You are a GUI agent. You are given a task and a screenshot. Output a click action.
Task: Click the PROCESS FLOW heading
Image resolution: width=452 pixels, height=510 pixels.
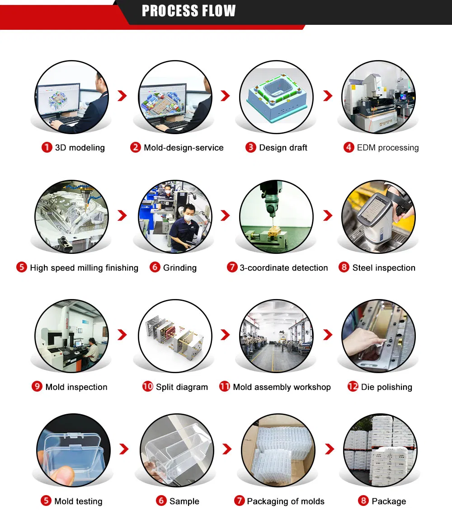pyautogui.click(x=189, y=11)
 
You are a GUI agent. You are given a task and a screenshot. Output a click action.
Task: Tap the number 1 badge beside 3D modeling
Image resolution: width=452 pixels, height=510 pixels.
pyautogui.click(x=47, y=147)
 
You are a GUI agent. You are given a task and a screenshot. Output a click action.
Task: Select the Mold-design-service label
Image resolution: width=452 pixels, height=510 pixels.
pyautogui.click(x=184, y=148)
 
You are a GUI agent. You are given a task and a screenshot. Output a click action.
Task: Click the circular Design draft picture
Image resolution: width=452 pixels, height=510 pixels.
pyautogui.click(x=276, y=97)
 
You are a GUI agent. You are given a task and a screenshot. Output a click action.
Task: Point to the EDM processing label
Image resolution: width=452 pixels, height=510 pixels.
pyautogui.click(x=387, y=148)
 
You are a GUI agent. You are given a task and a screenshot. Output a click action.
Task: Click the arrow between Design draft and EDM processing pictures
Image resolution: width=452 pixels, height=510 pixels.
pyautogui.click(x=328, y=96)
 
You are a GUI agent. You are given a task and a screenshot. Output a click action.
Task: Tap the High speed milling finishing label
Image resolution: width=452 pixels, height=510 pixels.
pyautogui.click(x=84, y=268)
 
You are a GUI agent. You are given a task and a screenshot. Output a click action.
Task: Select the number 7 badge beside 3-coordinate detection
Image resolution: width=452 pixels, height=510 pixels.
pyautogui.click(x=232, y=267)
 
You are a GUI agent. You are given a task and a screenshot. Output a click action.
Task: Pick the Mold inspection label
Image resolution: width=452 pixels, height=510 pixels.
pyautogui.click(x=76, y=387)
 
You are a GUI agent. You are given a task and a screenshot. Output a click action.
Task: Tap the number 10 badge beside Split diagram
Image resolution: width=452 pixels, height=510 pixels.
pyautogui.click(x=147, y=386)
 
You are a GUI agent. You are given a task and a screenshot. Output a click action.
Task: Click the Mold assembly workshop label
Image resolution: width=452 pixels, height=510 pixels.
pyautogui.click(x=282, y=387)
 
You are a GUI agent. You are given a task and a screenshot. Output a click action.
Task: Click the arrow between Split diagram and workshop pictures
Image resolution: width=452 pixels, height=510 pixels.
pyautogui.click(x=225, y=334)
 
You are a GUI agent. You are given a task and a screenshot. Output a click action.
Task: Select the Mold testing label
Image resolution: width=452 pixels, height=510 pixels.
pyautogui.click(x=78, y=501)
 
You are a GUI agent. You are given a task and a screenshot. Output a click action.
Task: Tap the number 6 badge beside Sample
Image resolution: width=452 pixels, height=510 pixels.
pyautogui.click(x=161, y=501)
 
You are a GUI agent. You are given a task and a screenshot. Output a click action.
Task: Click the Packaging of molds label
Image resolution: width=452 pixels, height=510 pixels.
pyautogui.click(x=286, y=501)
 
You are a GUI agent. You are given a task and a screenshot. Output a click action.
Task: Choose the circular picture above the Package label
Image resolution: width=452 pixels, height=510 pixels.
pyautogui.click(x=380, y=450)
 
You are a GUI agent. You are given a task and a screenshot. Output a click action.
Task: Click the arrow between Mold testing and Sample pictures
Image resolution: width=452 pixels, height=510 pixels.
pyautogui.click(x=124, y=449)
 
